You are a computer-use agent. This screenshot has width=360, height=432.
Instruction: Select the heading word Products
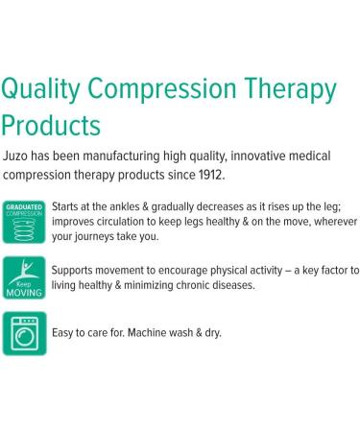[51, 125]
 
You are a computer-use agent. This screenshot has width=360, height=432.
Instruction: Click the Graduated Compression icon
[24, 220]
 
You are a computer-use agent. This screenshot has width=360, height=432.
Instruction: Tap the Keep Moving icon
[24, 277]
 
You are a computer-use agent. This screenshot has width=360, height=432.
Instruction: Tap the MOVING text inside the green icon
[24, 292]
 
